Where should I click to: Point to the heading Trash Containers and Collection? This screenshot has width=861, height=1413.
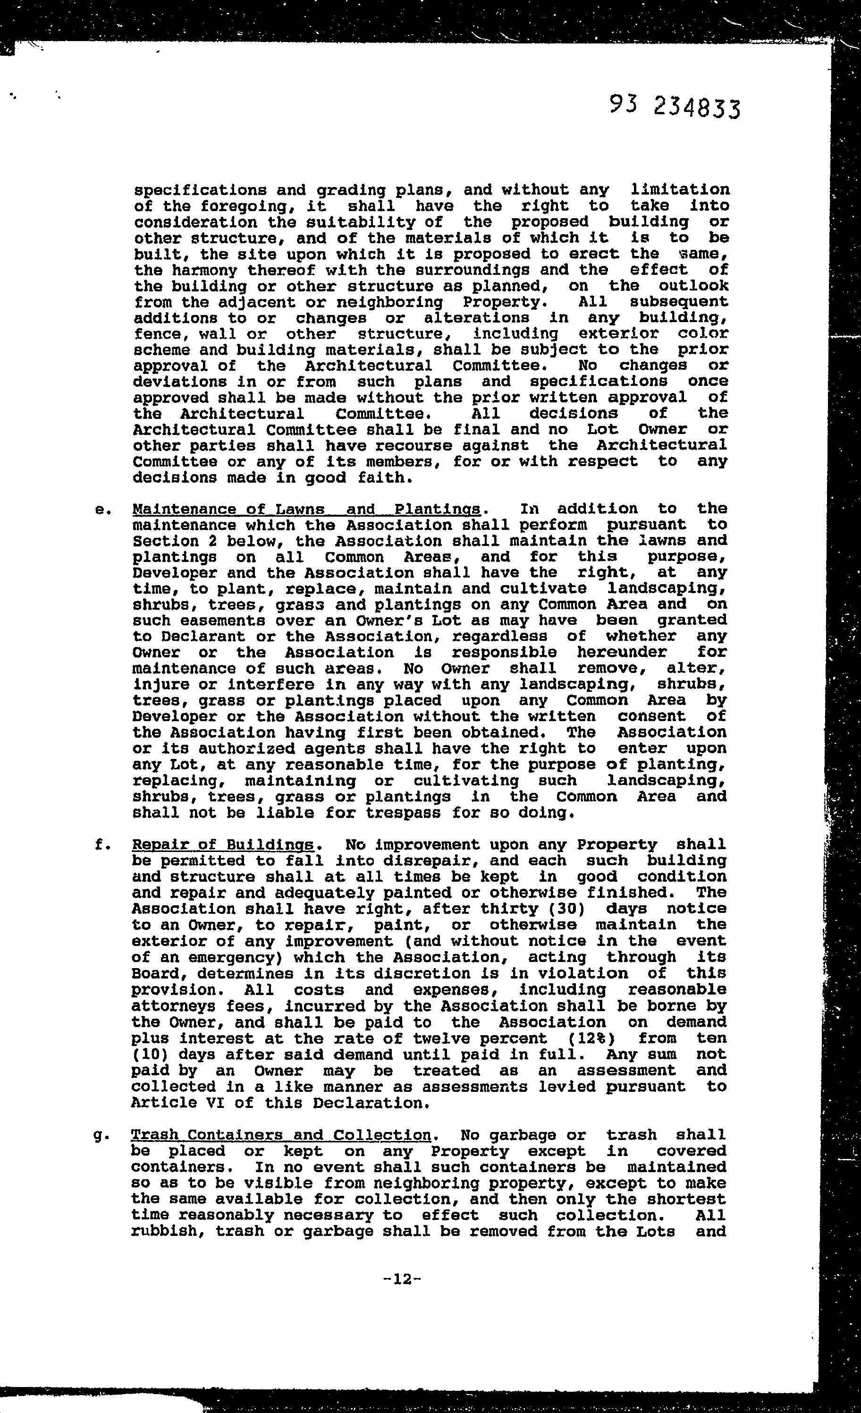pos(281,1135)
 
